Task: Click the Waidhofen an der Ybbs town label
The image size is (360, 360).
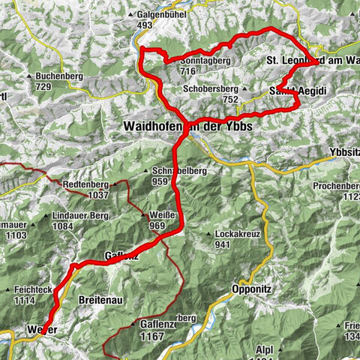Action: click(187, 127)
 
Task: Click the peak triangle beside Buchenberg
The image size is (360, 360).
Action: click(29, 76)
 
